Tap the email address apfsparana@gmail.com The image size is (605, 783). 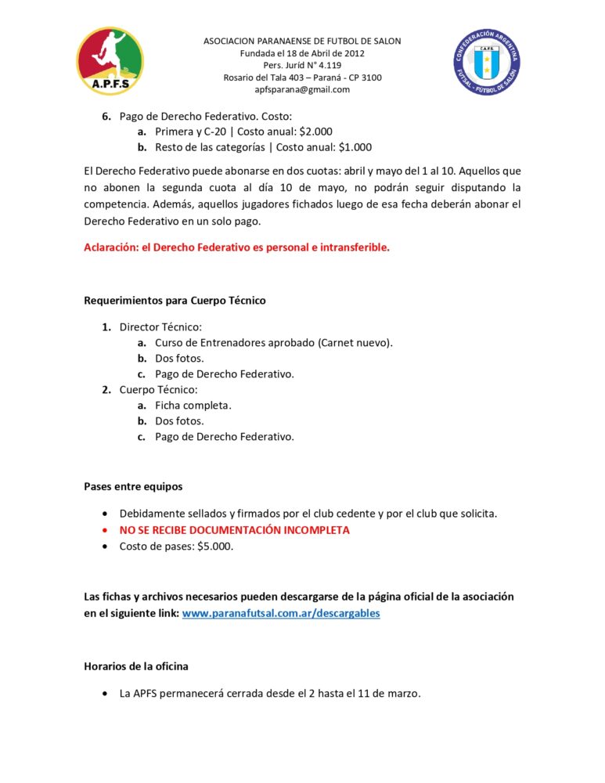click(302, 89)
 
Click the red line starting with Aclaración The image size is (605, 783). click(236, 248)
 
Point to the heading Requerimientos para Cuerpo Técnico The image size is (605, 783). click(175, 301)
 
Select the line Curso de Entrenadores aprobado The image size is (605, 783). click(274, 342)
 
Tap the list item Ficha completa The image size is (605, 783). click(193, 405)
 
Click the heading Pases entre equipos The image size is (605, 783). click(133, 486)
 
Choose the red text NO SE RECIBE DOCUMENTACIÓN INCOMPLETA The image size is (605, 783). click(234, 530)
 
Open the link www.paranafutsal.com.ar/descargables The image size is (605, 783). click(281, 613)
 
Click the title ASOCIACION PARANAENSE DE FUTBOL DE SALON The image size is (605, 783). click(302, 41)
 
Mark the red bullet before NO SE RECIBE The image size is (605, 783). click(106, 530)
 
